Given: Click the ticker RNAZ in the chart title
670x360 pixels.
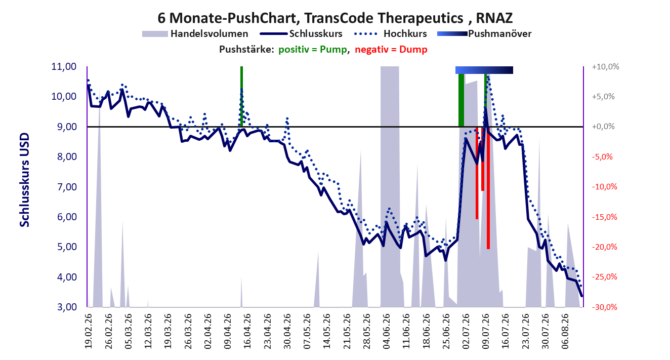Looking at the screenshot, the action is click(494, 18).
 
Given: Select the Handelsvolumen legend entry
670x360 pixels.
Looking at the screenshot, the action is click(195, 34).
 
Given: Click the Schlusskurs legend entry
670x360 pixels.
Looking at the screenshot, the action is click(301, 34).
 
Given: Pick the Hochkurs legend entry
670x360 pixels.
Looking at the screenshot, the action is click(390, 34).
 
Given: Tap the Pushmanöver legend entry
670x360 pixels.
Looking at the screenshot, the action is click(484, 34).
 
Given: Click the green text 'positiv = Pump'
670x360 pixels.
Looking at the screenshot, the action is click(313, 50).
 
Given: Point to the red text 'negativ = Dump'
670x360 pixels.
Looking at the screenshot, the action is click(391, 50).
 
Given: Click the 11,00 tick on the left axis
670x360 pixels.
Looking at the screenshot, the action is click(64, 66).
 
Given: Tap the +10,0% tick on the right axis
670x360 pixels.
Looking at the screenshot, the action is click(605, 67).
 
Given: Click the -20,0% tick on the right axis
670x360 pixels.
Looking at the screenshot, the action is click(605, 247).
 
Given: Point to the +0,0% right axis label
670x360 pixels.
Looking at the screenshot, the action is click(603, 127).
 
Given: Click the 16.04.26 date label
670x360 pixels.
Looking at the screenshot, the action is click(247, 331).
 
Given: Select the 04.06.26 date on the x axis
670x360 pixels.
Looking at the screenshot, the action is click(386, 331).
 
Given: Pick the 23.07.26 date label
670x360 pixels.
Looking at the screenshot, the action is click(525, 331).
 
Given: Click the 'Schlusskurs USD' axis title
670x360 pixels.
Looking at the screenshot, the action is click(24, 180).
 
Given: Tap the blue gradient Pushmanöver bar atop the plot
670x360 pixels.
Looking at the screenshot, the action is click(484, 70).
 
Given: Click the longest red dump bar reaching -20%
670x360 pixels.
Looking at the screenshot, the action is click(488, 188).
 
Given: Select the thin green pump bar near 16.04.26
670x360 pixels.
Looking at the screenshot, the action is click(242, 96).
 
